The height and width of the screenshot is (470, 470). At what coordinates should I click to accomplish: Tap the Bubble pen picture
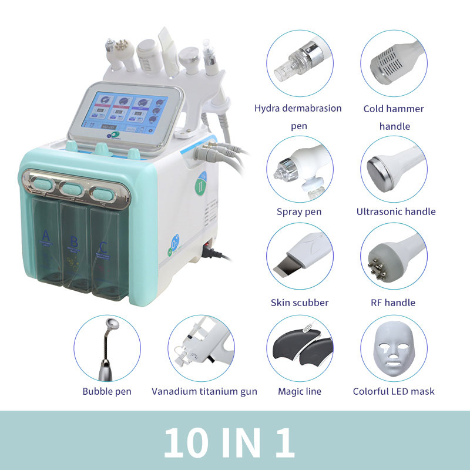point(107,348)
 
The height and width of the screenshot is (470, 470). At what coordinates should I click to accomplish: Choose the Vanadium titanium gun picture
point(202,348)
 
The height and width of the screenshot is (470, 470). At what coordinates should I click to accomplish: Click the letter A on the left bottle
point(45,237)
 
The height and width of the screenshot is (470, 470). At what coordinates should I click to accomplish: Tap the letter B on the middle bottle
point(74,241)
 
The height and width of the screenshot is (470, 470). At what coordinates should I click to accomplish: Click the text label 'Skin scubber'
point(300,303)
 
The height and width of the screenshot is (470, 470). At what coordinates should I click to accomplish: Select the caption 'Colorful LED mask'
point(394,391)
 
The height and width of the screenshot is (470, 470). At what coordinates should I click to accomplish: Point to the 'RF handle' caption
point(394,303)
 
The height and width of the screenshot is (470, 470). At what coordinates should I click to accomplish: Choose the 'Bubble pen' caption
point(107,391)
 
